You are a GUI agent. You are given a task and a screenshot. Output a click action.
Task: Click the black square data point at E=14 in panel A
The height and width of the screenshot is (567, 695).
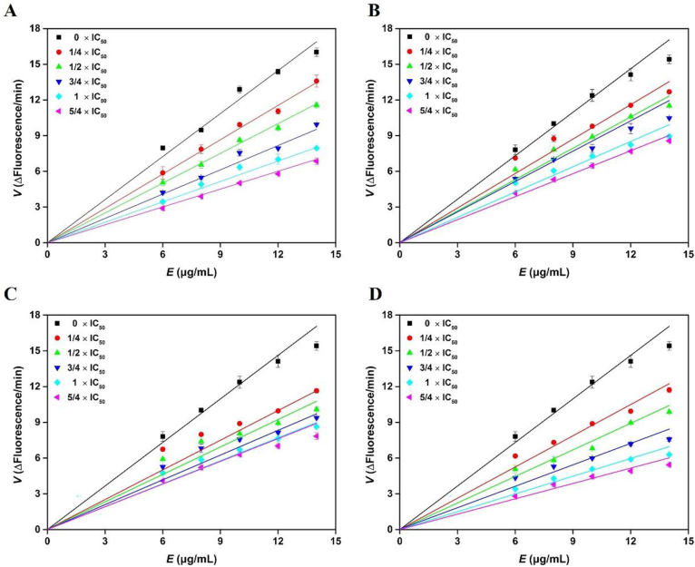click(316, 53)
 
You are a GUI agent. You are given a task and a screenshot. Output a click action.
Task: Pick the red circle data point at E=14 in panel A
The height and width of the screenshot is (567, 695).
click(316, 82)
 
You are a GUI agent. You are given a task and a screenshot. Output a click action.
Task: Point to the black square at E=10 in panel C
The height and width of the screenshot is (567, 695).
click(240, 382)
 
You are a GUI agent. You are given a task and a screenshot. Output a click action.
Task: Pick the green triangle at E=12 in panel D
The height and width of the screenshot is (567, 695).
click(630, 422)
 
